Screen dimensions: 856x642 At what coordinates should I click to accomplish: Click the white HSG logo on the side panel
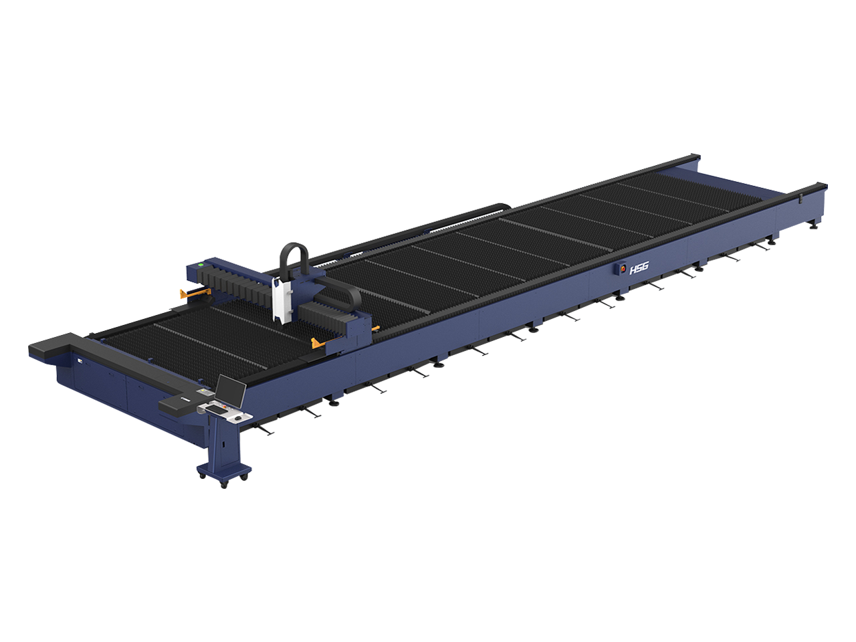point(639,269)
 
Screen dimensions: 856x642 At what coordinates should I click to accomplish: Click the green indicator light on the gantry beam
point(201,264)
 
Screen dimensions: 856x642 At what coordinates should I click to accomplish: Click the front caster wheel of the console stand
point(224,485)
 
